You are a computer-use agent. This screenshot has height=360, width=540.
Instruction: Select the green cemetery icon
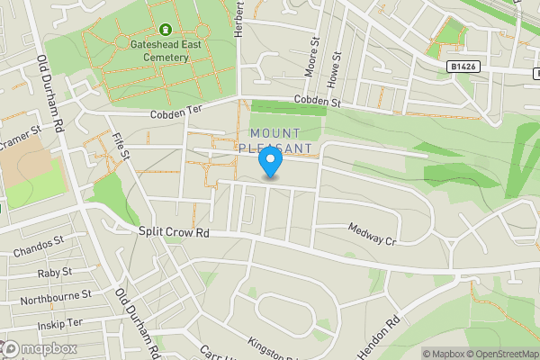click(165, 29)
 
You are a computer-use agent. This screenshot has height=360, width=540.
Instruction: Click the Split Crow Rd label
click(174, 231)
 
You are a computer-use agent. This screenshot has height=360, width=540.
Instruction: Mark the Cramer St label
click(20, 132)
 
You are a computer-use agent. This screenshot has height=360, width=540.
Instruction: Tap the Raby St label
click(55, 271)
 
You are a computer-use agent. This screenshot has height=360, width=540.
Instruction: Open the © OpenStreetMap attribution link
click(496, 354)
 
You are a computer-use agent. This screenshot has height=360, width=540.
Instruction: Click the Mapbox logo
click(40, 348)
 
